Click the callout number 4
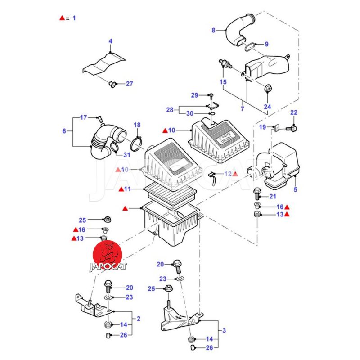coord(110,41)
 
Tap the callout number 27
coord(130,84)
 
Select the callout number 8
coord(214,31)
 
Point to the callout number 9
coord(266,44)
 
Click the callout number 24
coord(268,107)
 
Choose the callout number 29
coord(194,95)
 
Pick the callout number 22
coord(294,112)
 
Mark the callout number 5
coord(296,189)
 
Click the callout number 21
coord(273,196)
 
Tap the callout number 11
coord(127,189)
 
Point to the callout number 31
coord(126,155)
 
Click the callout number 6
coord(64,131)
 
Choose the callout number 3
coord(224,331)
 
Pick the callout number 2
coord(139,319)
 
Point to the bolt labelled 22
coord(293,128)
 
